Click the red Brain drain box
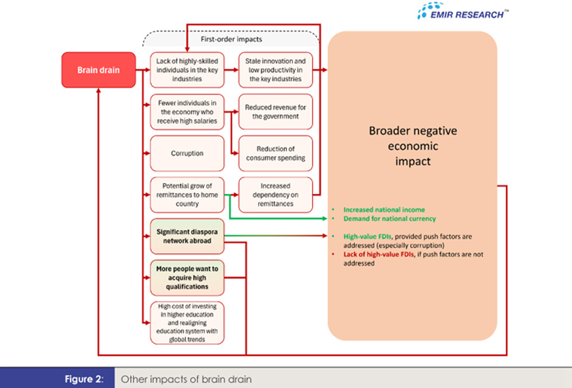(x=98, y=69)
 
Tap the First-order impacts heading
(x=231, y=39)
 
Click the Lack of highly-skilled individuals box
(x=187, y=69)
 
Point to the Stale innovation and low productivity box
(x=276, y=69)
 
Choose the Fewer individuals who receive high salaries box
(x=187, y=112)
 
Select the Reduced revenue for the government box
(x=276, y=112)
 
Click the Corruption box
(x=187, y=153)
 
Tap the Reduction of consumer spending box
(x=276, y=153)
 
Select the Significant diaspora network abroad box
(x=187, y=236)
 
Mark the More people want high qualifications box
(x=187, y=278)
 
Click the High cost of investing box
(x=187, y=323)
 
